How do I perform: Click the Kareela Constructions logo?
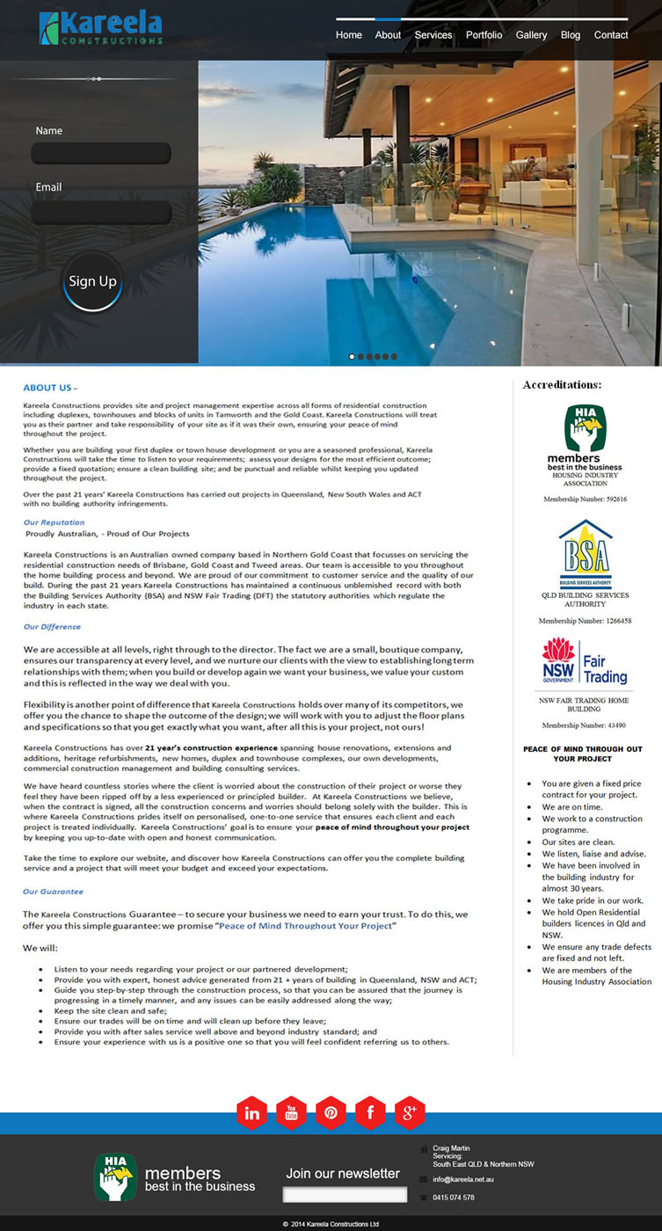(x=100, y=28)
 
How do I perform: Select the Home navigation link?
(x=349, y=35)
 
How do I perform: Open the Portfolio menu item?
(x=484, y=35)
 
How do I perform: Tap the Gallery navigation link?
(x=531, y=35)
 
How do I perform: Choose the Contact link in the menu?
(x=610, y=35)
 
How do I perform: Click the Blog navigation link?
(x=571, y=35)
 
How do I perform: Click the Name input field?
(x=101, y=154)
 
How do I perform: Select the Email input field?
(x=101, y=212)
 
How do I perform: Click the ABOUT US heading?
(x=50, y=388)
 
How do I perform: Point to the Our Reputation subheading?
(x=55, y=522)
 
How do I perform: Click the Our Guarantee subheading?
(x=54, y=892)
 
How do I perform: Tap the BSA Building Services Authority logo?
(x=586, y=553)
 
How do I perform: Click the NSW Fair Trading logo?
(x=585, y=663)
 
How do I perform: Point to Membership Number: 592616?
(x=585, y=499)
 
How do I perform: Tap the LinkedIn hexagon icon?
(x=251, y=1113)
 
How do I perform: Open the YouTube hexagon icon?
(x=291, y=1113)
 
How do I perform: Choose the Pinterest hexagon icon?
(x=331, y=1113)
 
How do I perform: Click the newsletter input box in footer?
(x=345, y=1194)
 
